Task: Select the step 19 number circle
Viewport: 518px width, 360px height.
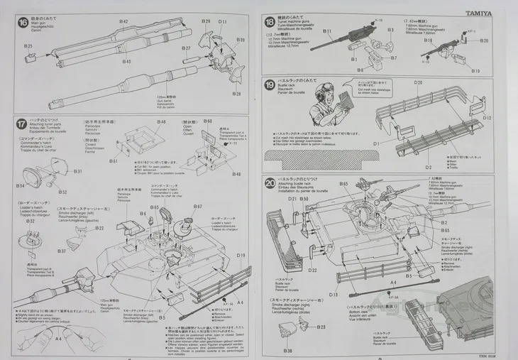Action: pos(270,86)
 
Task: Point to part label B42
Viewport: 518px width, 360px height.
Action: pos(123,22)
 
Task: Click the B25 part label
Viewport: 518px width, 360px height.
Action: pos(28,47)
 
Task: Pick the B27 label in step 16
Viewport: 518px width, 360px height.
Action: pos(186,48)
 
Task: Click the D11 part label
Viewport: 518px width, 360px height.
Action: pos(223,22)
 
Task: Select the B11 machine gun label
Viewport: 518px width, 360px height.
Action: pos(327,31)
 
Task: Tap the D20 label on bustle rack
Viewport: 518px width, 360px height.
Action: pos(418,83)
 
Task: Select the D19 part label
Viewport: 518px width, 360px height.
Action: pos(241,256)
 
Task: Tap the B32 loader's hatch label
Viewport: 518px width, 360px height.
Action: pos(31,222)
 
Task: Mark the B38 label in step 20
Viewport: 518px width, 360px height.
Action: pos(287,351)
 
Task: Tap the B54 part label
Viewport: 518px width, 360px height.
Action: pos(21,186)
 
